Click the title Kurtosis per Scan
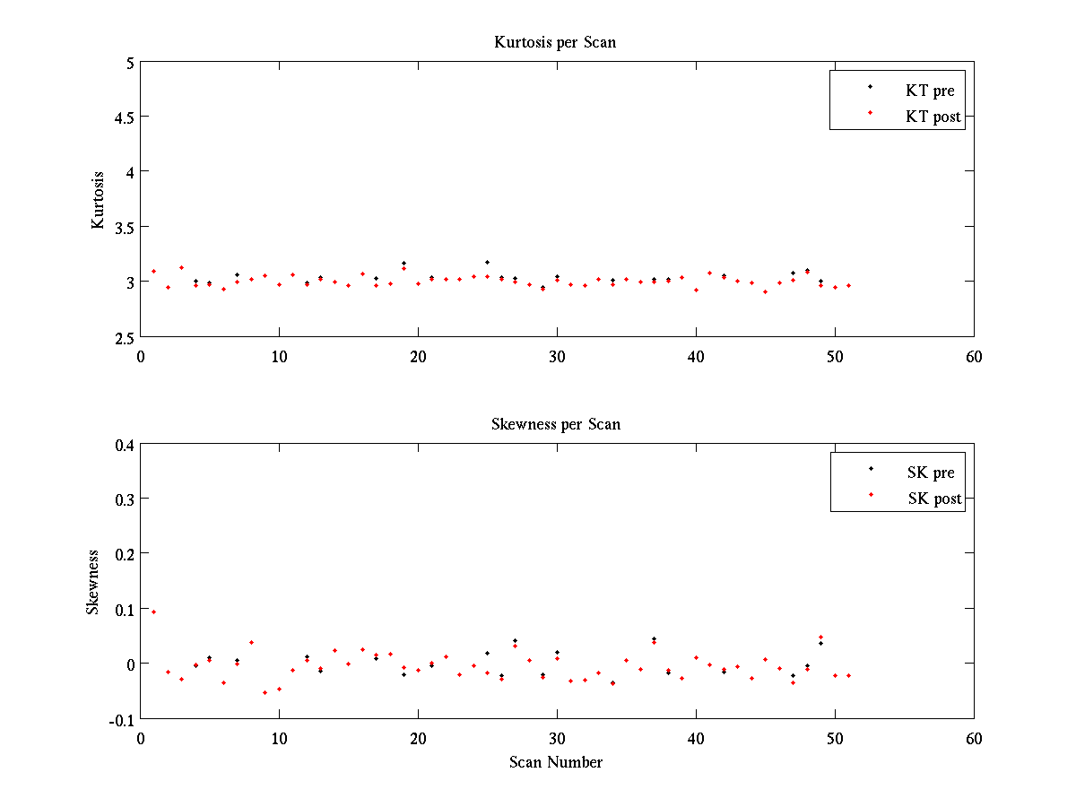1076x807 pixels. pos(555,42)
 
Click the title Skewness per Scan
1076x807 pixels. pos(555,424)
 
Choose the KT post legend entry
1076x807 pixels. pos(933,117)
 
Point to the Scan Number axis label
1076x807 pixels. pos(556,762)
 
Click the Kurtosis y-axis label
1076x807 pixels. pos(98,200)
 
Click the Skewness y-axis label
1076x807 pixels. pos(93,582)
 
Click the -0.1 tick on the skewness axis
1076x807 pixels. pos(120,719)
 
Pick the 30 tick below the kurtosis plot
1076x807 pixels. pos(557,356)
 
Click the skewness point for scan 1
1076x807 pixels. pos(153,612)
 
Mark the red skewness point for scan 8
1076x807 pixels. pos(251,642)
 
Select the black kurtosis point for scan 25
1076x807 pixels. pos(487,262)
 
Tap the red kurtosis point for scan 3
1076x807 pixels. pos(181,267)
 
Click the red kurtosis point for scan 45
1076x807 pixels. pos(765,291)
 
